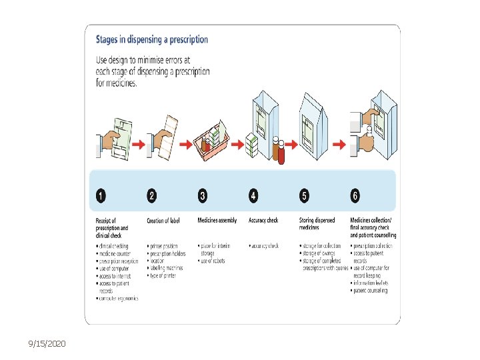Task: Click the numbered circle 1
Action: pyautogui.click(x=101, y=196)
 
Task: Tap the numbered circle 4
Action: pyautogui.click(x=253, y=196)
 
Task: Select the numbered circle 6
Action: pyautogui.click(x=355, y=196)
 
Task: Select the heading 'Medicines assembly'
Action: pyautogui.click(x=217, y=221)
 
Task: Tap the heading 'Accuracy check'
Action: pyautogui.click(x=264, y=221)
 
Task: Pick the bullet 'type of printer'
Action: pyautogui.click(x=163, y=275)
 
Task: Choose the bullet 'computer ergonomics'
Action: pyautogui.click(x=119, y=298)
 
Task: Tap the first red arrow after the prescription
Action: pyautogui.click(x=137, y=143)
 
